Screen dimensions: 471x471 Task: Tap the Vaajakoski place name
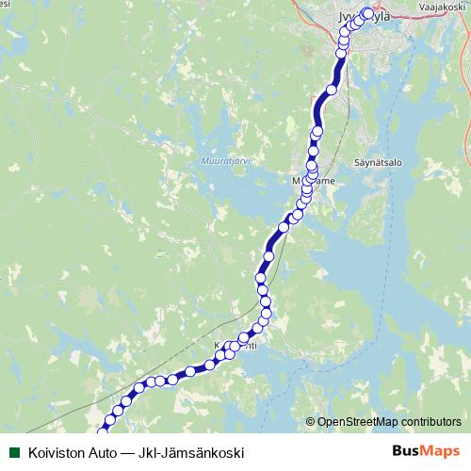coord(443,5)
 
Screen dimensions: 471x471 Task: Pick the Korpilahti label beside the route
coord(235,345)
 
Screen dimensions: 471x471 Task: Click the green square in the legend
coord(13,452)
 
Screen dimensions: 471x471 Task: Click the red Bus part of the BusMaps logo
coord(406,451)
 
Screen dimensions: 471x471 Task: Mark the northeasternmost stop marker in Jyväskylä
coord(367,13)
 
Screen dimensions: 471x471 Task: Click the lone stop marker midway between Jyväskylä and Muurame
coord(331,90)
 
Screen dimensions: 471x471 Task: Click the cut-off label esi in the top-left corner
coord(5,4)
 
